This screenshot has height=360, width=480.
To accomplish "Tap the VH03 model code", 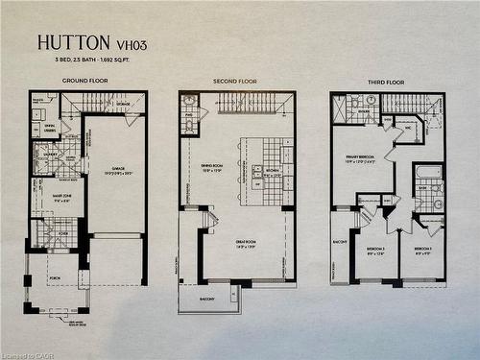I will [x=125, y=43].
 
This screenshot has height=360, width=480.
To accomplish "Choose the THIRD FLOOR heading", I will [x=387, y=81].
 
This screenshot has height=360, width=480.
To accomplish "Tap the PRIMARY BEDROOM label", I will [x=360, y=160].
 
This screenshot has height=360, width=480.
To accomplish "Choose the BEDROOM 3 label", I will [x=375, y=251].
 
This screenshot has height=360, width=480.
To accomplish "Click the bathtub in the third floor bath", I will [x=429, y=173].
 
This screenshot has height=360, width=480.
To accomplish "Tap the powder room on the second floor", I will [x=189, y=114].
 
